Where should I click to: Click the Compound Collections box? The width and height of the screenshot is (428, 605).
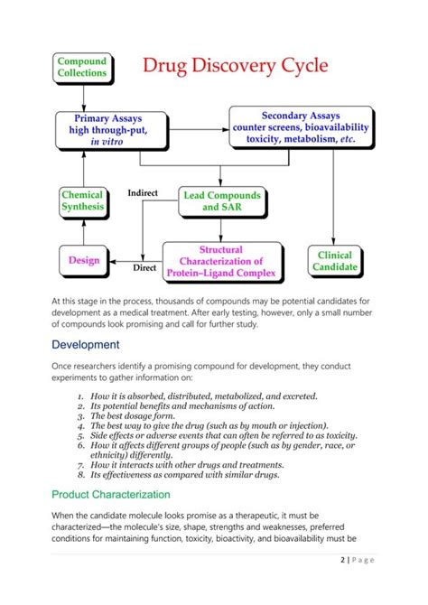[x=82, y=67]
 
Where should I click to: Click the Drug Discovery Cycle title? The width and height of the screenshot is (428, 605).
[x=235, y=66]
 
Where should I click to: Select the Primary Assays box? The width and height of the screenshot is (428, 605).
[x=111, y=130]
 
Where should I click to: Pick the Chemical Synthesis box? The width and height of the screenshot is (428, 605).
[x=83, y=200]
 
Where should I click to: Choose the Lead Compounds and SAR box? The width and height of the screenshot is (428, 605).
[x=222, y=201]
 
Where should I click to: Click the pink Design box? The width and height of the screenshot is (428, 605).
[x=84, y=260]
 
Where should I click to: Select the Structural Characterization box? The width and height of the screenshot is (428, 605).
[x=222, y=261]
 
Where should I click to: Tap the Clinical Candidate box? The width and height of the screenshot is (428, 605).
[x=335, y=261]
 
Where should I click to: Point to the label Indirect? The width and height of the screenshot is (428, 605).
[x=144, y=192]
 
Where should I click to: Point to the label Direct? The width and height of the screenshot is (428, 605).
[x=144, y=268]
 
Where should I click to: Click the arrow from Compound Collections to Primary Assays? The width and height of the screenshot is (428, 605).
[x=83, y=97]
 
